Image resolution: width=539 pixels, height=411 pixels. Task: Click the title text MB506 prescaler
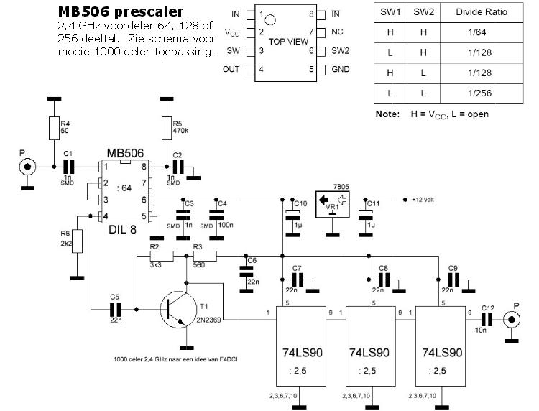[x=119, y=12]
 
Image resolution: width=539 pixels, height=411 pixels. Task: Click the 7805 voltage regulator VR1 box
[x=332, y=202]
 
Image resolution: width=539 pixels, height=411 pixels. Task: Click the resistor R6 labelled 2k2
[x=77, y=241]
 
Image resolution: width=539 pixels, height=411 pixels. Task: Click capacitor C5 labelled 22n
[x=115, y=310]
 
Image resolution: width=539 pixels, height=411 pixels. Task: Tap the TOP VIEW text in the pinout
[x=287, y=41]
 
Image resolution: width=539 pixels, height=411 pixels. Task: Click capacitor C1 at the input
[x=69, y=166]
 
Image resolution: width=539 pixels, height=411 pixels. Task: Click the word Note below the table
[x=387, y=114]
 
